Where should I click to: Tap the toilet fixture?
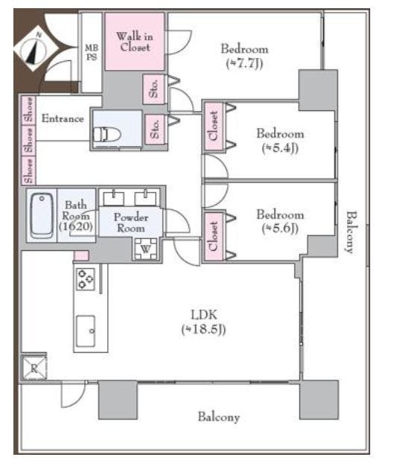(107, 135)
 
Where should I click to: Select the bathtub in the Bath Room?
(42, 216)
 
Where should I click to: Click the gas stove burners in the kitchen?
(86, 279)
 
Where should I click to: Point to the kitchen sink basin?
(86, 331)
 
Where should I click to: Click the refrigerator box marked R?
(34, 368)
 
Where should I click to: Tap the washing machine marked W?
(146, 249)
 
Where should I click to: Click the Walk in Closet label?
(135, 42)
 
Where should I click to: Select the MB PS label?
(92, 52)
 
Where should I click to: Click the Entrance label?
(63, 118)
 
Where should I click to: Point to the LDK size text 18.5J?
(204, 329)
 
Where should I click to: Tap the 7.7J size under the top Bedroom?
(244, 63)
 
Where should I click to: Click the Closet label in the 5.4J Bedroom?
(213, 126)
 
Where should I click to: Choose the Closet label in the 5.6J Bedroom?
(213, 236)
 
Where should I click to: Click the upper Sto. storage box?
(153, 89)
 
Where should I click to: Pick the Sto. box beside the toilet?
(154, 130)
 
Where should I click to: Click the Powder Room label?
(130, 223)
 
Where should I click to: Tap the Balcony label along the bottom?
(218, 417)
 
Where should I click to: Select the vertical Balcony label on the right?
(352, 232)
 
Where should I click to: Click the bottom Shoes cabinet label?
(28, 171)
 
